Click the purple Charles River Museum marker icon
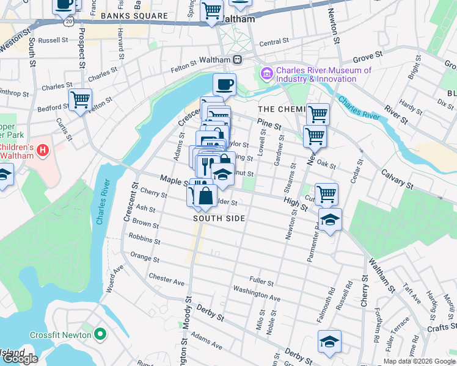click(x=267, y=74)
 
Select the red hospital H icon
click(x=42, y=149)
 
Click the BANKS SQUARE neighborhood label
click(x=134, y=16)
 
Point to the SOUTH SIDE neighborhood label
click(x=219, y=218)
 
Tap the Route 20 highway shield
click(x=67, y=21)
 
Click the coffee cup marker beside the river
click(x=224, y=85)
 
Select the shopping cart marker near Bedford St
click(x=80, y=99)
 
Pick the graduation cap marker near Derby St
click(x=329, y=341)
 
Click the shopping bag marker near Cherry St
click(x=206, y=196)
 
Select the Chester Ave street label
click(x=166, y=279)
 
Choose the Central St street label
click(x=273, y=43)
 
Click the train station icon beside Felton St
click(x=236, y=60)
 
